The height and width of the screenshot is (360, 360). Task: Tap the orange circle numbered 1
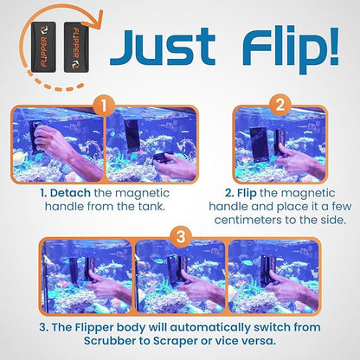tap(105, 107)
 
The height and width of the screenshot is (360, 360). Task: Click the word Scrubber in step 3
tap(88, 344)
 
